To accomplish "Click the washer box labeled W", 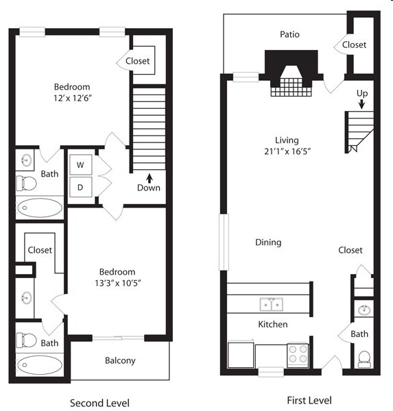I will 80,165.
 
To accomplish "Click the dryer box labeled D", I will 80,187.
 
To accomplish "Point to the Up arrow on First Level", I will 361,103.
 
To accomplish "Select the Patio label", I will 289,34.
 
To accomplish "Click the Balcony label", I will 120,360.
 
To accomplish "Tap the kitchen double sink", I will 271,303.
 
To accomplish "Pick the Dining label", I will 268,242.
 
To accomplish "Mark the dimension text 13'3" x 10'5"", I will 118,282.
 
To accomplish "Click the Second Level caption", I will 100,403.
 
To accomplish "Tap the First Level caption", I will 308,400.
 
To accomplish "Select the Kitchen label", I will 272,324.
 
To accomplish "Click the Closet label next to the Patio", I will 354,45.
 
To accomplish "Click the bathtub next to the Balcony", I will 39,364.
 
